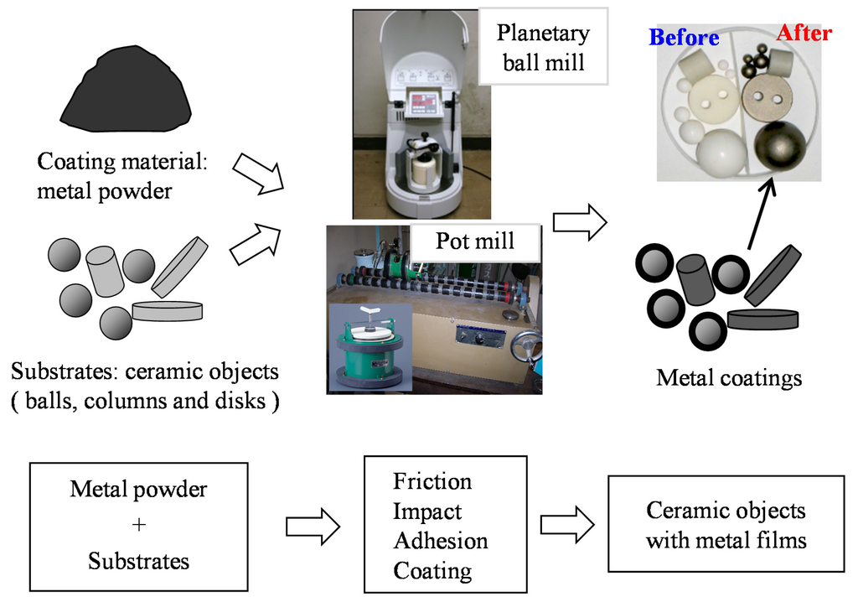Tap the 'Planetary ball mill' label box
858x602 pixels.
click(543, 47)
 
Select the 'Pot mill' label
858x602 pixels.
click(474, 241)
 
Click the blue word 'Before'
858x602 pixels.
click(684, 38)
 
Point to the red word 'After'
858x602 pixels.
click(804, 34)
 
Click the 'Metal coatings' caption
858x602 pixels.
click(729, 378)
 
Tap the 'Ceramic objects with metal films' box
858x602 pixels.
click(726, 524)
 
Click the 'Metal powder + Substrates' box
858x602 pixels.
click(139, 524)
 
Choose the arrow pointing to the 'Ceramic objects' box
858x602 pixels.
click(566, 524)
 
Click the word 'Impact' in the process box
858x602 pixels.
click(427, 511)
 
